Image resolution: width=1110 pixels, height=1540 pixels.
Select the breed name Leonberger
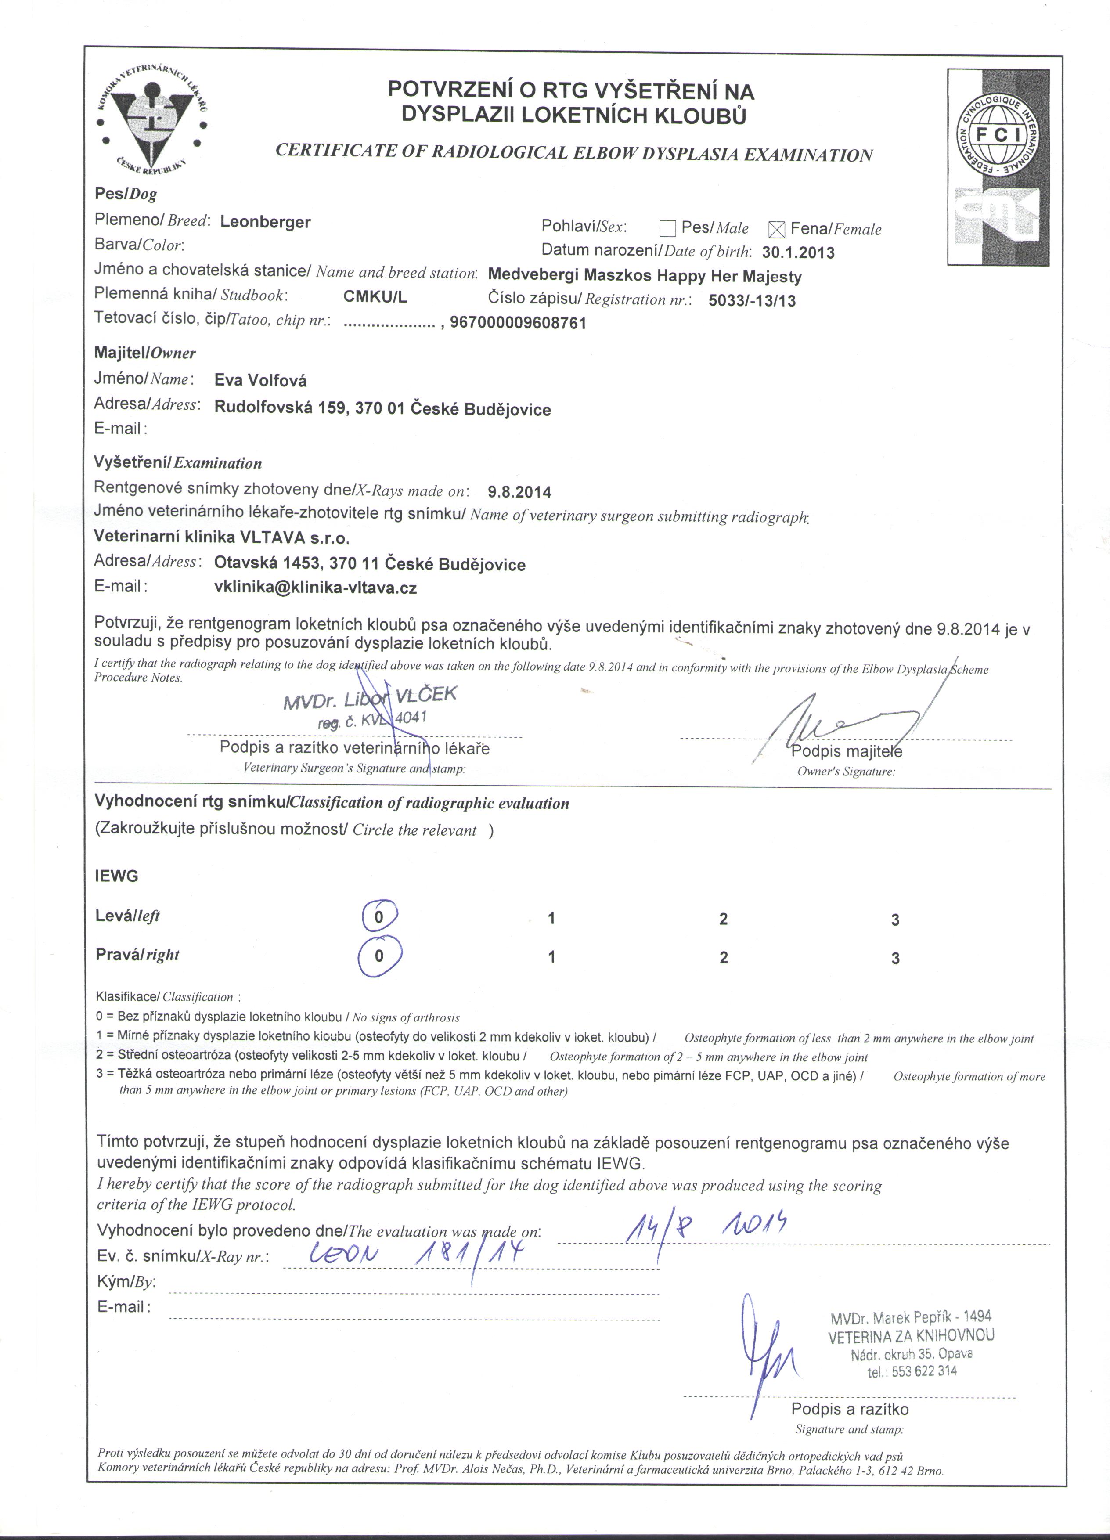pos(266,222)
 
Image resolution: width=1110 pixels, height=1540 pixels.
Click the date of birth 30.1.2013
pos(798,252)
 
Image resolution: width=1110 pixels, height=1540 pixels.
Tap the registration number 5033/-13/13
pos(752,300)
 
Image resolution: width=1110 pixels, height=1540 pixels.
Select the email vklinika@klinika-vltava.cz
pos(315,588)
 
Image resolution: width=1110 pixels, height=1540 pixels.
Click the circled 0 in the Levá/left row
pos(379,917)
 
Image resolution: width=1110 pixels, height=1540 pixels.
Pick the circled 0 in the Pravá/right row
pos(379,956)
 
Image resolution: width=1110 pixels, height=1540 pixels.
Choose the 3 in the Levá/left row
pos(895,920)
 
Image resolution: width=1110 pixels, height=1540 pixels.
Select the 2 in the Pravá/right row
pos(724,957)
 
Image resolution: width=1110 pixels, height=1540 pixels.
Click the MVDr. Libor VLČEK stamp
pos(370,706)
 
